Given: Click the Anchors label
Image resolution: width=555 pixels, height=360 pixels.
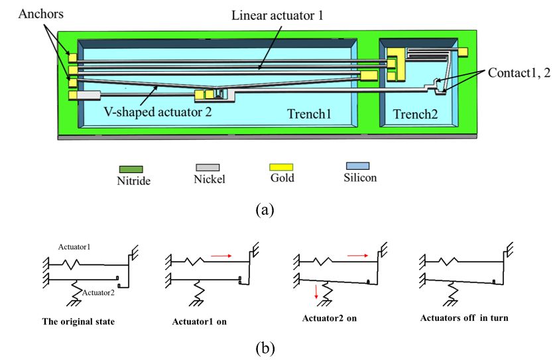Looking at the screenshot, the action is pyautogui.click(x=40, y=14).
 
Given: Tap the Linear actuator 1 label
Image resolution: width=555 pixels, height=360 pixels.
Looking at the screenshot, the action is pyautogui.click(x=277, y=15).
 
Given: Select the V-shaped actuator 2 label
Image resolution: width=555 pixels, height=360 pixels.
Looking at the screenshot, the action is pyautogui.click(x=158, y=112).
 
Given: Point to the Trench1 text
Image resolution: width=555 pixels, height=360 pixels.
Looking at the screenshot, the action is pyautogui.click(x=309, y=113).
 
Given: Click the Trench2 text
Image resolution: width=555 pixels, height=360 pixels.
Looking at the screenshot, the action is pyautogui.click(x=415, y=114).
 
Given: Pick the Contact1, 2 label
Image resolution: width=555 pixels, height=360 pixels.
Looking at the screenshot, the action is pyautogui.click(x=519, y=72).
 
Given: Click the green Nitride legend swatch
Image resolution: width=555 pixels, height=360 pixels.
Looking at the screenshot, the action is pyautogui.click(x=131, y=169).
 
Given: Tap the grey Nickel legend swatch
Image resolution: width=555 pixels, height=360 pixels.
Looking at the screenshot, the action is pyautogui.click(x=208, y=168).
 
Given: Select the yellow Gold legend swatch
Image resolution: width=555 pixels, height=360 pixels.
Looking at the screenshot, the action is pyautogui.click(x=281, y=167).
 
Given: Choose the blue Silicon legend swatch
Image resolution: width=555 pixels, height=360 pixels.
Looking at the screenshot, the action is pyautogui.click(x=357, y=166).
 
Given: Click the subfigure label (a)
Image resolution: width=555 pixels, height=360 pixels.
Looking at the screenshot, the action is pyautogui.click(x=265, y=210).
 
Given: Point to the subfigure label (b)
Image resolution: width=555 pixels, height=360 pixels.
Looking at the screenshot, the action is pyautogui.click(x=265, y=348).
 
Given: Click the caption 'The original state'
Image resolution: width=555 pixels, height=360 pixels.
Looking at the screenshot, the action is pyautogui.click(x=78, y=322).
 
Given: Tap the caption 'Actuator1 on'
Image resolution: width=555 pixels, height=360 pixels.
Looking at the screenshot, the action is pyautogui.click(x=200, y=322).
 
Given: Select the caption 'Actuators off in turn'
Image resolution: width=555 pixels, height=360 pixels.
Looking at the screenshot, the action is pyautogui.click(x=464, y=318).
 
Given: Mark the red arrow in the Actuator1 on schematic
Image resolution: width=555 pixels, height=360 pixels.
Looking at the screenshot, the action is pyautogui.click(x=221, y=255).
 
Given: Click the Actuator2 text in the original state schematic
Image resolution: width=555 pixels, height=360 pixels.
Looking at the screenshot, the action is pyautogui.click(x=98, y=293).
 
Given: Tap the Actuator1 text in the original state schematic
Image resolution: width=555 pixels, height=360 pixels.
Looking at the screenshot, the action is pyautogui.click(x=74, y=247).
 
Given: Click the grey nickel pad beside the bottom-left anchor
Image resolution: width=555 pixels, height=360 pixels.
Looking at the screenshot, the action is pyautogui.click(x=88, y=95).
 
